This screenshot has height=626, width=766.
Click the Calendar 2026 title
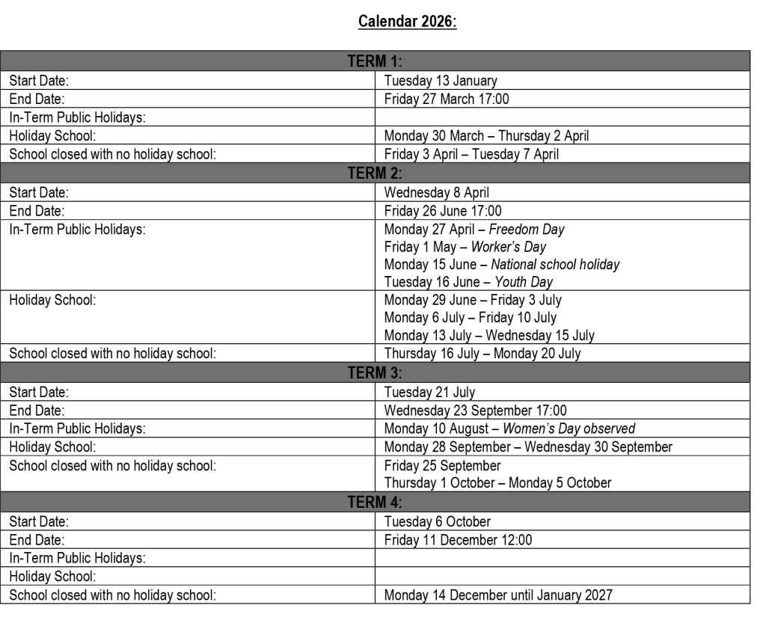point(408,21)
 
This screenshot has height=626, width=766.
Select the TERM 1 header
point(376,61)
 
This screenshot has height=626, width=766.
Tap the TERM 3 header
point(376,372)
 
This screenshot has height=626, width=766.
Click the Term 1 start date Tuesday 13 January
point(441,81)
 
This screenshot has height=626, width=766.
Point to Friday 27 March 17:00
point(447,99)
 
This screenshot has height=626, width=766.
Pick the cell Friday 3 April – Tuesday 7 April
point(471,154)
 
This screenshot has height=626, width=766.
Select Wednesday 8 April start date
point(437,192)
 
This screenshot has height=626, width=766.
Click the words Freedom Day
point(527,230)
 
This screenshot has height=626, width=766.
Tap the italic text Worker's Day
point(509,247)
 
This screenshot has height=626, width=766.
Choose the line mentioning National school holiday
point(502,265)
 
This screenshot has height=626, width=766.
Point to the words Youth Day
point(524,282)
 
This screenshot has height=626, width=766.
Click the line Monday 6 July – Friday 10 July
point(471,318)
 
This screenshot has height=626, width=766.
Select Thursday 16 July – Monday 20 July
point(482,354)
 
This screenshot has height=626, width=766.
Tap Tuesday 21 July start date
point(429,392)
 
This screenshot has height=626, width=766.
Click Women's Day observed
point(569,429)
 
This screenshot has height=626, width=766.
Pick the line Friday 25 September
point(443,466)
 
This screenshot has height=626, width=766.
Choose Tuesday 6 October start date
point(437,521)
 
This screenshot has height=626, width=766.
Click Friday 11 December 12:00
point(459,540)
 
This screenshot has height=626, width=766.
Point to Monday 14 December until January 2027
point(498,595)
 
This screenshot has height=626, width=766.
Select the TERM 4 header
point(376,502)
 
